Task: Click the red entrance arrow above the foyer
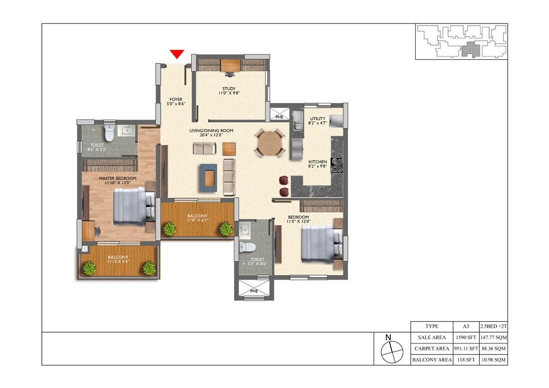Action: click(177, 54)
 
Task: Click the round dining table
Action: click(270, 143)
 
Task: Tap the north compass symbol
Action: click(392, 349)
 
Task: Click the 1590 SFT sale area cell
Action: click(465, 338)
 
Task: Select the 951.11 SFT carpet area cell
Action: click(465, 349)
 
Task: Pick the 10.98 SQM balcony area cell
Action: click(493, 360)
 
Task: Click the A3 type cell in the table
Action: click(465, 326)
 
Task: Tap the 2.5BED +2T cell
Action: click(493, 326)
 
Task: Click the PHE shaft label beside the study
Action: click(279, 117)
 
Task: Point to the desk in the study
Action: click(231, 65)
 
